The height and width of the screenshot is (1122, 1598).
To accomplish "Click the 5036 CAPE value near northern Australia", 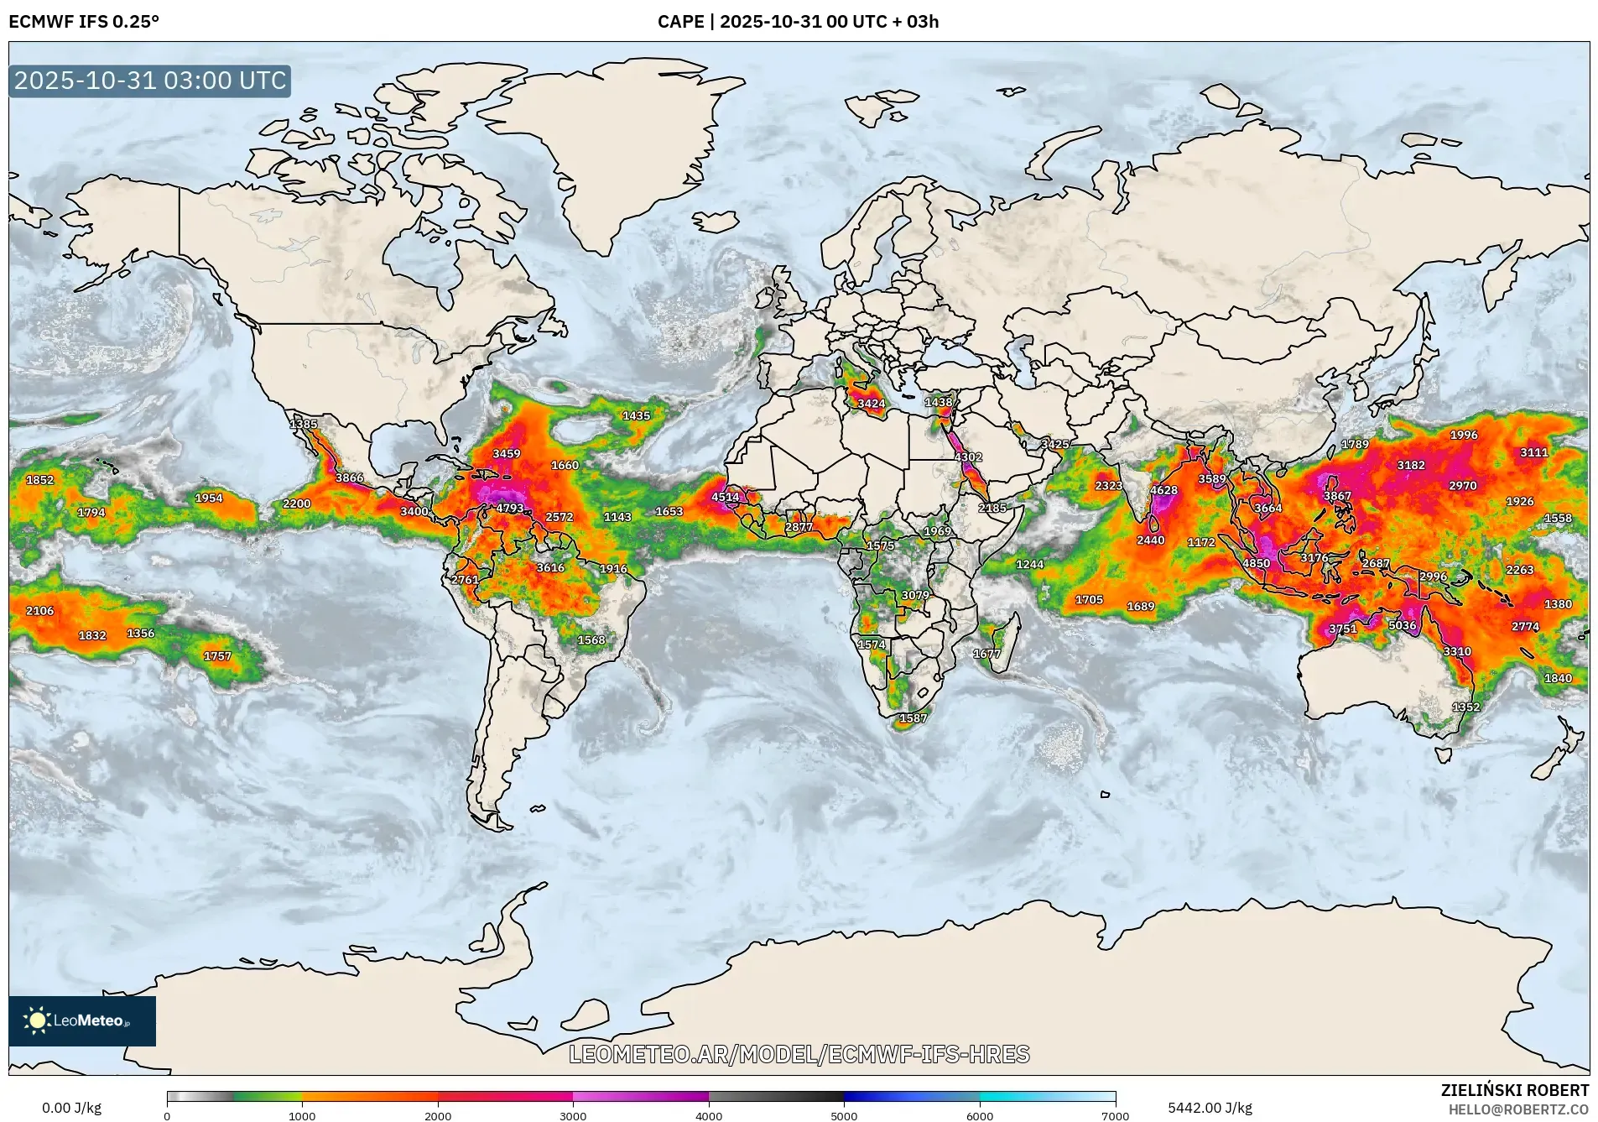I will click(1402, 625).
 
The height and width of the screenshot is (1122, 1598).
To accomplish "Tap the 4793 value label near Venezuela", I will click(509, 508).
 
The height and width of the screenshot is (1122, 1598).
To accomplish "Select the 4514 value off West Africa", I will click(725, 497).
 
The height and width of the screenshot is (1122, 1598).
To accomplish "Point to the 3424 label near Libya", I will click(871, 404).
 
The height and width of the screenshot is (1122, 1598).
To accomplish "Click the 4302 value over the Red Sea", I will click(968, 457).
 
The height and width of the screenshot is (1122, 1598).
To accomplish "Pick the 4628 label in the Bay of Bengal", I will click(1163, 490).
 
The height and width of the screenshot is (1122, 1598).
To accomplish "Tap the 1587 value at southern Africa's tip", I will click(913, 718).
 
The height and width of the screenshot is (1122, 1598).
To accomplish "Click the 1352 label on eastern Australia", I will click(1465, 707).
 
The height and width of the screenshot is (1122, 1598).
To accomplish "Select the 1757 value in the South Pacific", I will click(217, 656).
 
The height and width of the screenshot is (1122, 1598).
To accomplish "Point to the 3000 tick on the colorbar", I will click(573, 1116).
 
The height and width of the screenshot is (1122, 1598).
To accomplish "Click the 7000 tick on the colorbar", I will click(1115, 1116).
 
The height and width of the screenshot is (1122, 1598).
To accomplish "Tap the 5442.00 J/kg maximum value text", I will click(1210, 1109).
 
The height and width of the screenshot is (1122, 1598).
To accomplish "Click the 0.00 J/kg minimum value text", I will click(71, 1109).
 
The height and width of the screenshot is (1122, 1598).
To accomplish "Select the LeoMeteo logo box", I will click(82, 1020).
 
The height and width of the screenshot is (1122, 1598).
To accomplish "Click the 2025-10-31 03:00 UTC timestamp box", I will click(150, 81).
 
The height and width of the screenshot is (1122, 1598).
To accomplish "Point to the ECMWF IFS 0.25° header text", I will click(84, 22).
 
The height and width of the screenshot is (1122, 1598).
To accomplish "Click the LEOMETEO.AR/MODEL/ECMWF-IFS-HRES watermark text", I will click(799, 1054).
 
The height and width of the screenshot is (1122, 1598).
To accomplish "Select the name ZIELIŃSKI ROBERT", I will click(1514, 1090).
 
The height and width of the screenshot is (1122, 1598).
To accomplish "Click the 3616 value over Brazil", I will click(550, 568).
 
